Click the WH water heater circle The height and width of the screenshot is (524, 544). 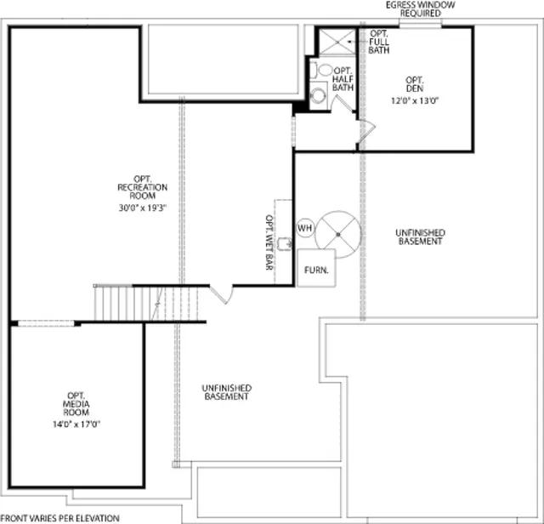coord(306,228)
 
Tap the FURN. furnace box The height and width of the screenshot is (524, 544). coord(316,268)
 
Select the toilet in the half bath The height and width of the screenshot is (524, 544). coord(321,70)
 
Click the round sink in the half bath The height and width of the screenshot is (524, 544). coord(318,96)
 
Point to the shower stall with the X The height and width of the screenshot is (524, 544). coord(337,42)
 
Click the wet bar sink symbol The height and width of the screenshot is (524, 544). coord(285,243)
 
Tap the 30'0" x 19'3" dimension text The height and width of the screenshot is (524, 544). coord(143,208)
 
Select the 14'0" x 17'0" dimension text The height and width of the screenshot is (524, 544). coord(76,424)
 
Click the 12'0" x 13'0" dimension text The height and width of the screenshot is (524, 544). coord(415,100)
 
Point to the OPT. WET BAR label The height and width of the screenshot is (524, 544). coord(269,242)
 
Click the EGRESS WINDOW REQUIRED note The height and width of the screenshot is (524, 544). coord(421,9)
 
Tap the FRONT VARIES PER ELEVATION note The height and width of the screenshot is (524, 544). coord(60,518)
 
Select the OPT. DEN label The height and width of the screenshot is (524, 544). coord(415,84)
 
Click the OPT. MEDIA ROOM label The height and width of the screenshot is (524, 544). coord(76,404)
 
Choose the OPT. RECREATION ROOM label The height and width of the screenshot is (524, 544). coord(143,187)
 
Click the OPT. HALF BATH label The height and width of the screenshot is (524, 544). coord(343,79)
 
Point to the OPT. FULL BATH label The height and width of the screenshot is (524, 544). coord(379,42)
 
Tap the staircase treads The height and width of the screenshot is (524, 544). coord(146,303)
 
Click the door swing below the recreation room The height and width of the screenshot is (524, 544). coord(221,294)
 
